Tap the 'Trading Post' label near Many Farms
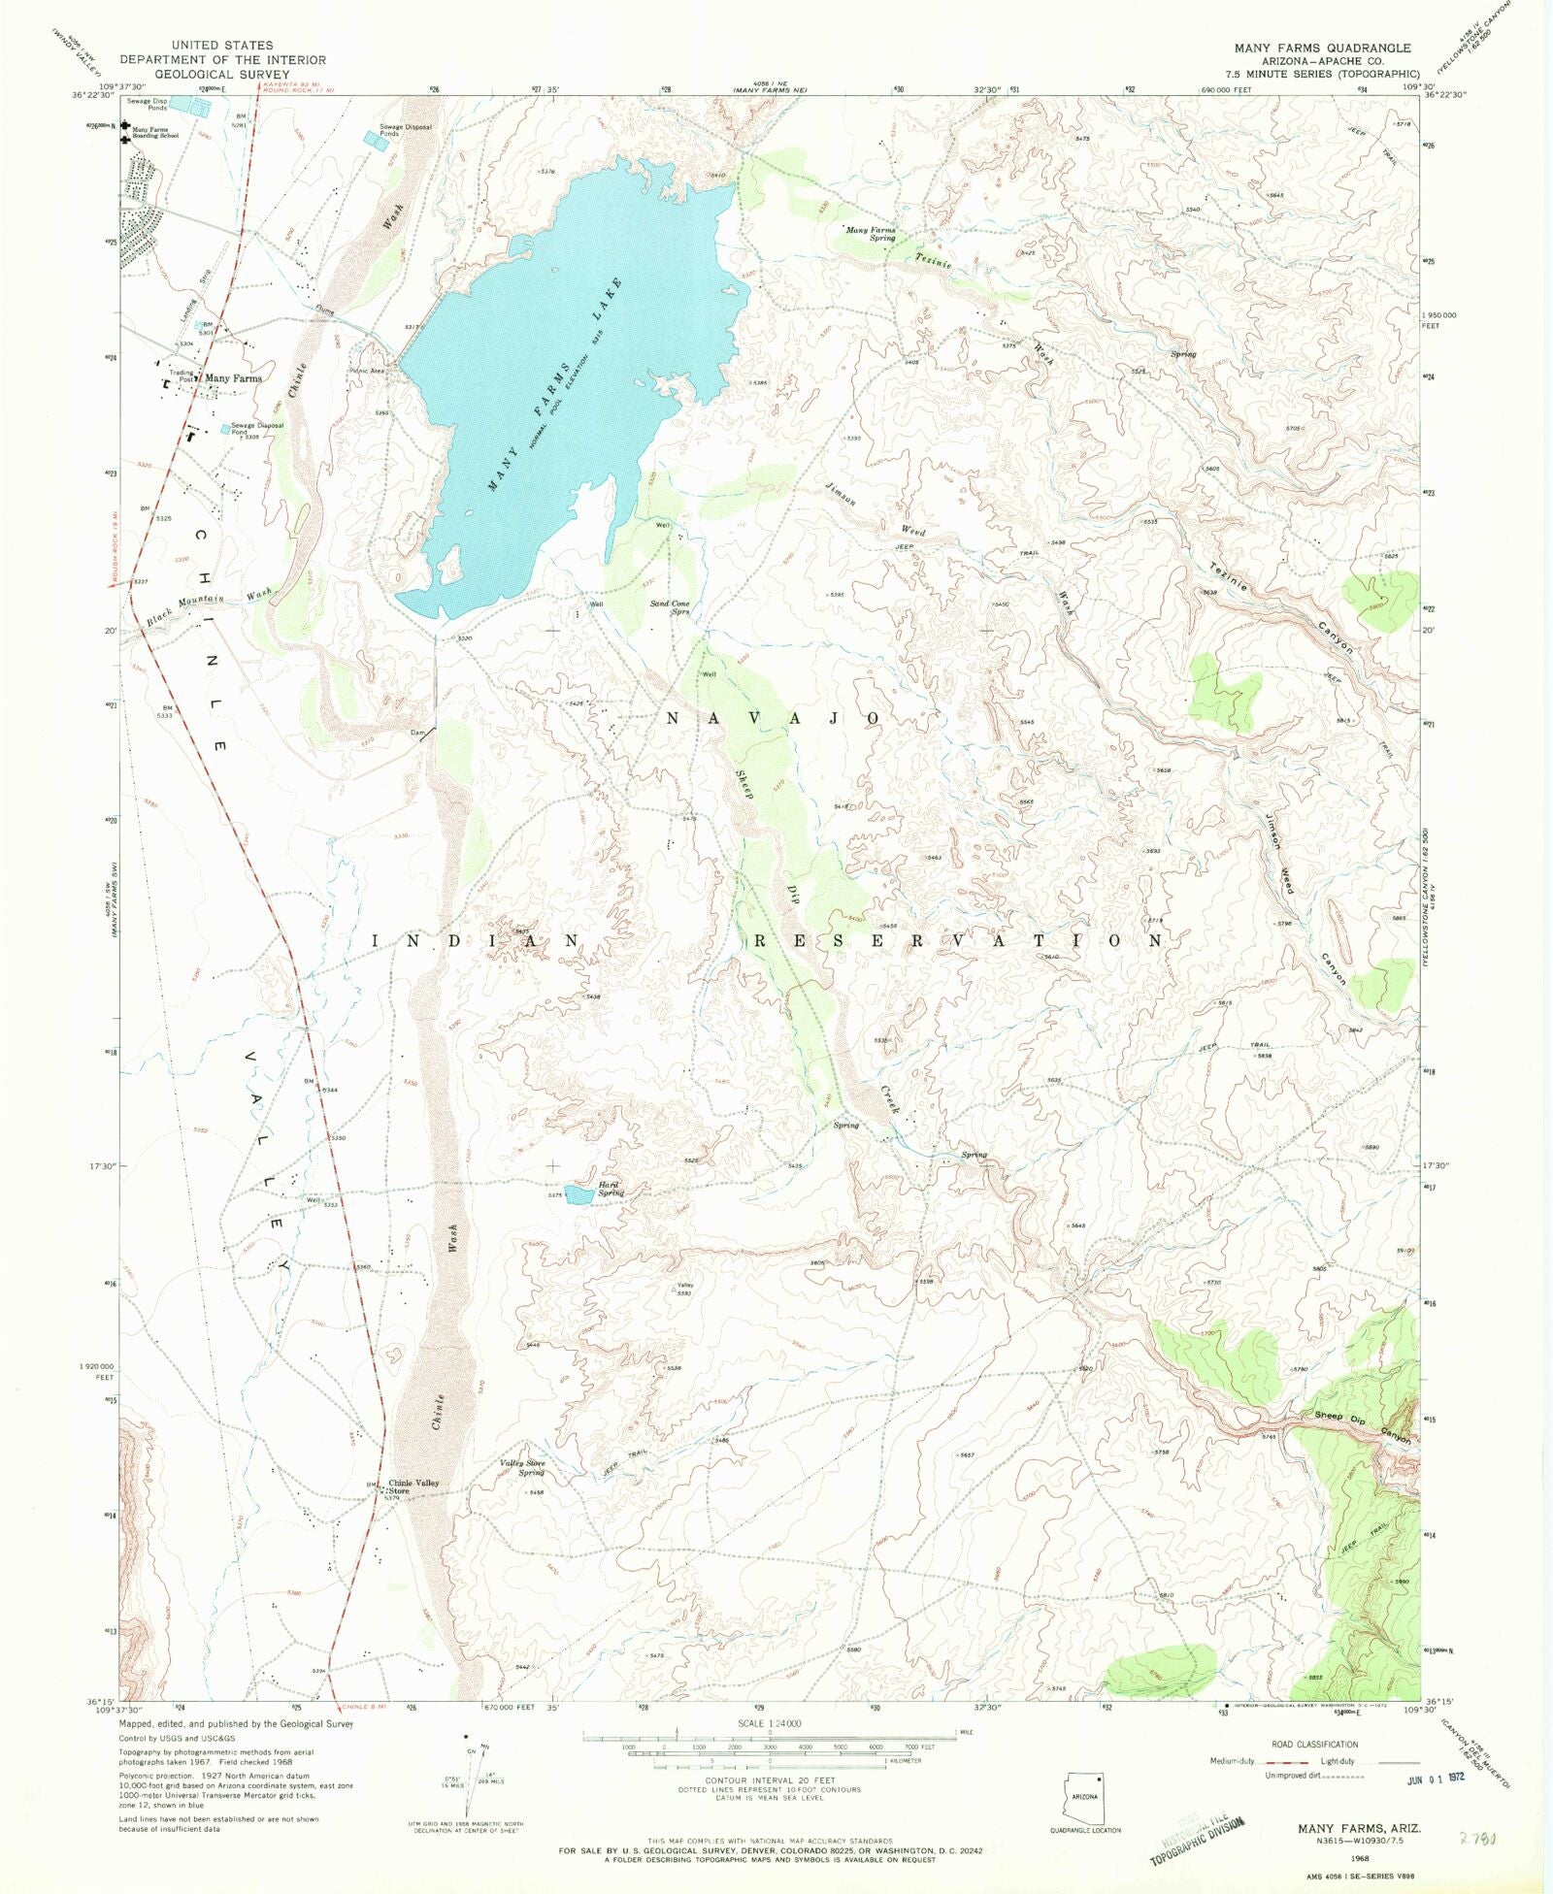[182, 376]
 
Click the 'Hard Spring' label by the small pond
[611, 1189]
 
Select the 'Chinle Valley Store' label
[413, 1486]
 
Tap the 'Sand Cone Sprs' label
[670, 607]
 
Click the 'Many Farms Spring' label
[871, 234]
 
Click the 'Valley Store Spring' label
[523, 1467]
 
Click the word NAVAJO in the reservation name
[774, 718]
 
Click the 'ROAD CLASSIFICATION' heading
[1314, 1744]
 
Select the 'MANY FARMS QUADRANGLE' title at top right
[1322, 48]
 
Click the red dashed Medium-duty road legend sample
[1279, 1761]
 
